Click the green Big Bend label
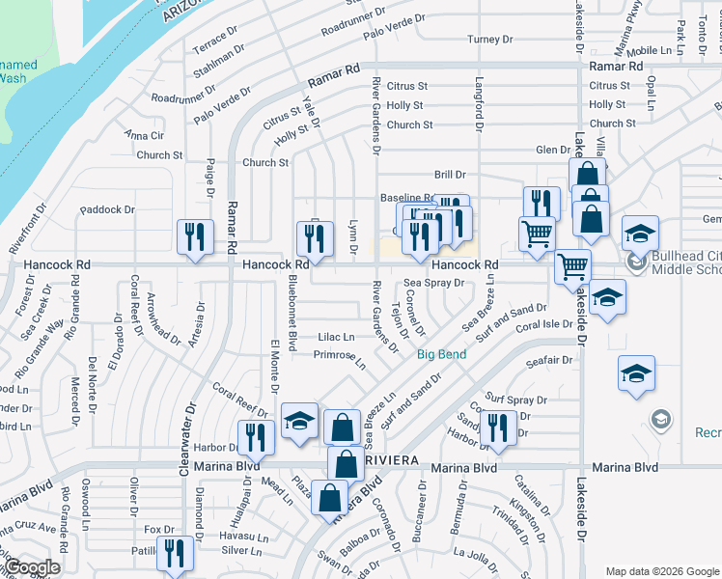pos(442,354)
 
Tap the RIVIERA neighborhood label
pos(393,461)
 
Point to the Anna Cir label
pos(144,136)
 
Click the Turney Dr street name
pos(489,40)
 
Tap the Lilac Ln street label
pos(336,337)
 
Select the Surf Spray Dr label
pos(516,400)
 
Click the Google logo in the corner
pos(32,567)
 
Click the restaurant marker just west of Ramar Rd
pos(196,236)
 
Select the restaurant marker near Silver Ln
pos(174,555)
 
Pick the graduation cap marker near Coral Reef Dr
pos(300,421)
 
